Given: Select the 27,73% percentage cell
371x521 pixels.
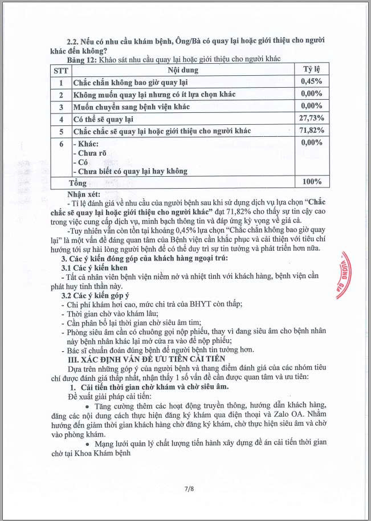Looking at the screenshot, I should pos(311,118).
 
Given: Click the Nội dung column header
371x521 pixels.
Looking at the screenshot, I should pos(182,70).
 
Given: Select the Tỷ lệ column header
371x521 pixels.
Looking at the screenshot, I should pos(312,69).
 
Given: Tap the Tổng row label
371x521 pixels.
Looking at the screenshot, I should pos(78,183).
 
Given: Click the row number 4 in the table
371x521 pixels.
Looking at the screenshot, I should pos(60,119).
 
